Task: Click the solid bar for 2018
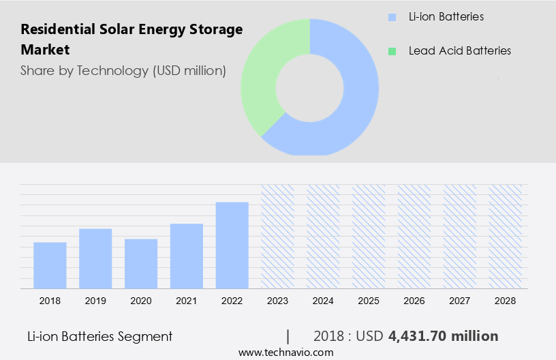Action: point(50,265)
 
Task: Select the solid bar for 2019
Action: point(95,258)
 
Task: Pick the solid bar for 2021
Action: point(187,256)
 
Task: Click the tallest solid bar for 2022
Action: point(232,245)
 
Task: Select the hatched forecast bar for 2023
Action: point(278,236)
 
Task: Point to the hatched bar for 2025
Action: point(369,236)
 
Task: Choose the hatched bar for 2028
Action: point(506,236)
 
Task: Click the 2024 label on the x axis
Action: point(323,300)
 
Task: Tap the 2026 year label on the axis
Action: point(414,300)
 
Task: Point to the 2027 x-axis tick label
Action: point(460,300)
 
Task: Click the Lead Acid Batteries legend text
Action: point(459,51)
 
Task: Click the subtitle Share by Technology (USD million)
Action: point(123,70)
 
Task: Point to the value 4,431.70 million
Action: point(443,336)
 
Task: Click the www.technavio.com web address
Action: point(285,352)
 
